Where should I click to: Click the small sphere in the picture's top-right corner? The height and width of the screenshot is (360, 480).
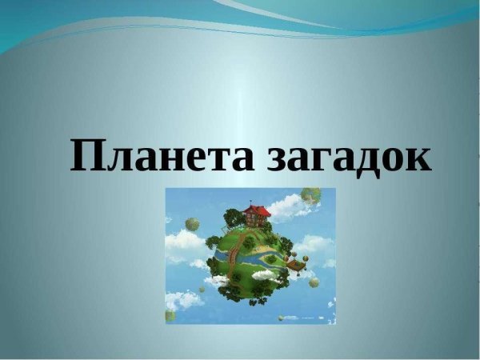click(x=310, y=194)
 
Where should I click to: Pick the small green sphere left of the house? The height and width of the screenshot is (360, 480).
click(x=192, y=223)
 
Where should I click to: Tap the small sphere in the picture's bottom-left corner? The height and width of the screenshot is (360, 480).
click(x=170, y=315)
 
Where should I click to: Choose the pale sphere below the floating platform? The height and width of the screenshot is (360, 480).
click(x=314, y=282)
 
